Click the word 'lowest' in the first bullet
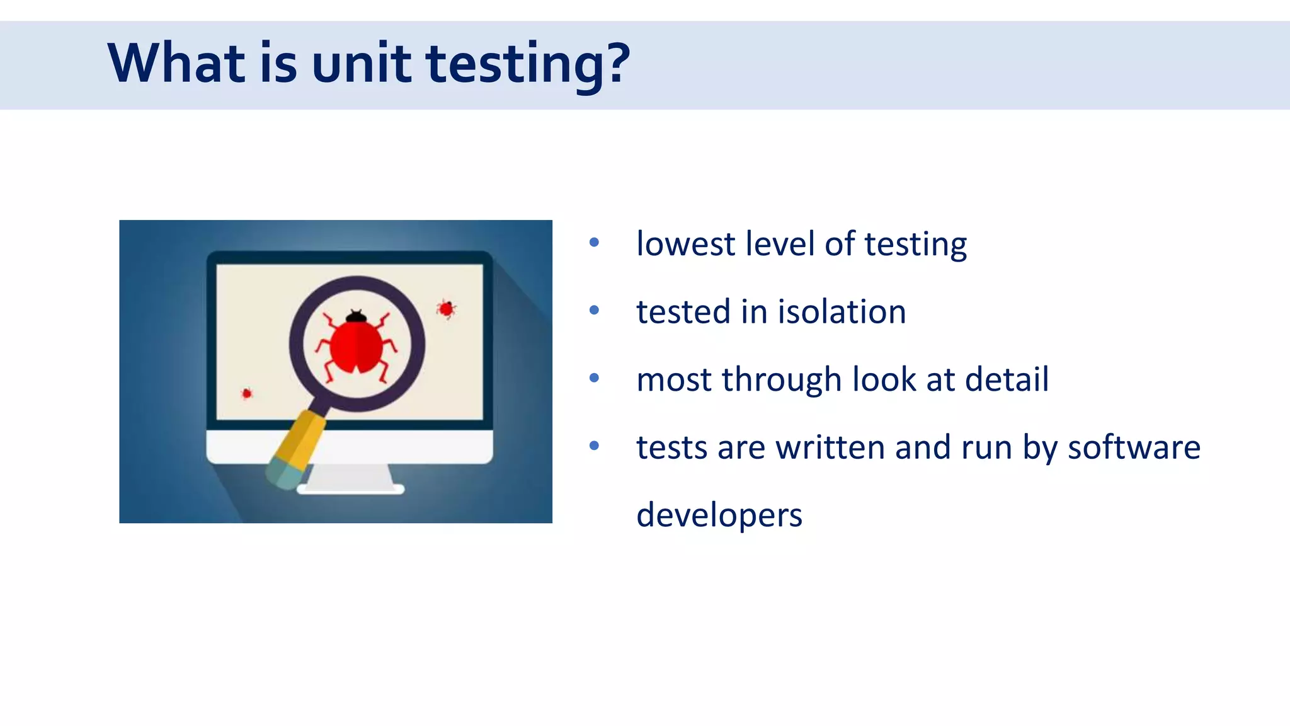[x=685, y=244]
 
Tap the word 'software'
[x=1134, y=447]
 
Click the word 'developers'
[x=719, y=516]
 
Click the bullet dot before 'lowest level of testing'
[x=594, y=243]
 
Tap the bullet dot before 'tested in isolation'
[x=594, y=310]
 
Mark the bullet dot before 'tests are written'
[x=594, y=446]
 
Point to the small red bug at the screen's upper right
[x=446, y=309]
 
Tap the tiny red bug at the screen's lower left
[x=247, y=394]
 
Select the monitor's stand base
[x=350, y=488]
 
